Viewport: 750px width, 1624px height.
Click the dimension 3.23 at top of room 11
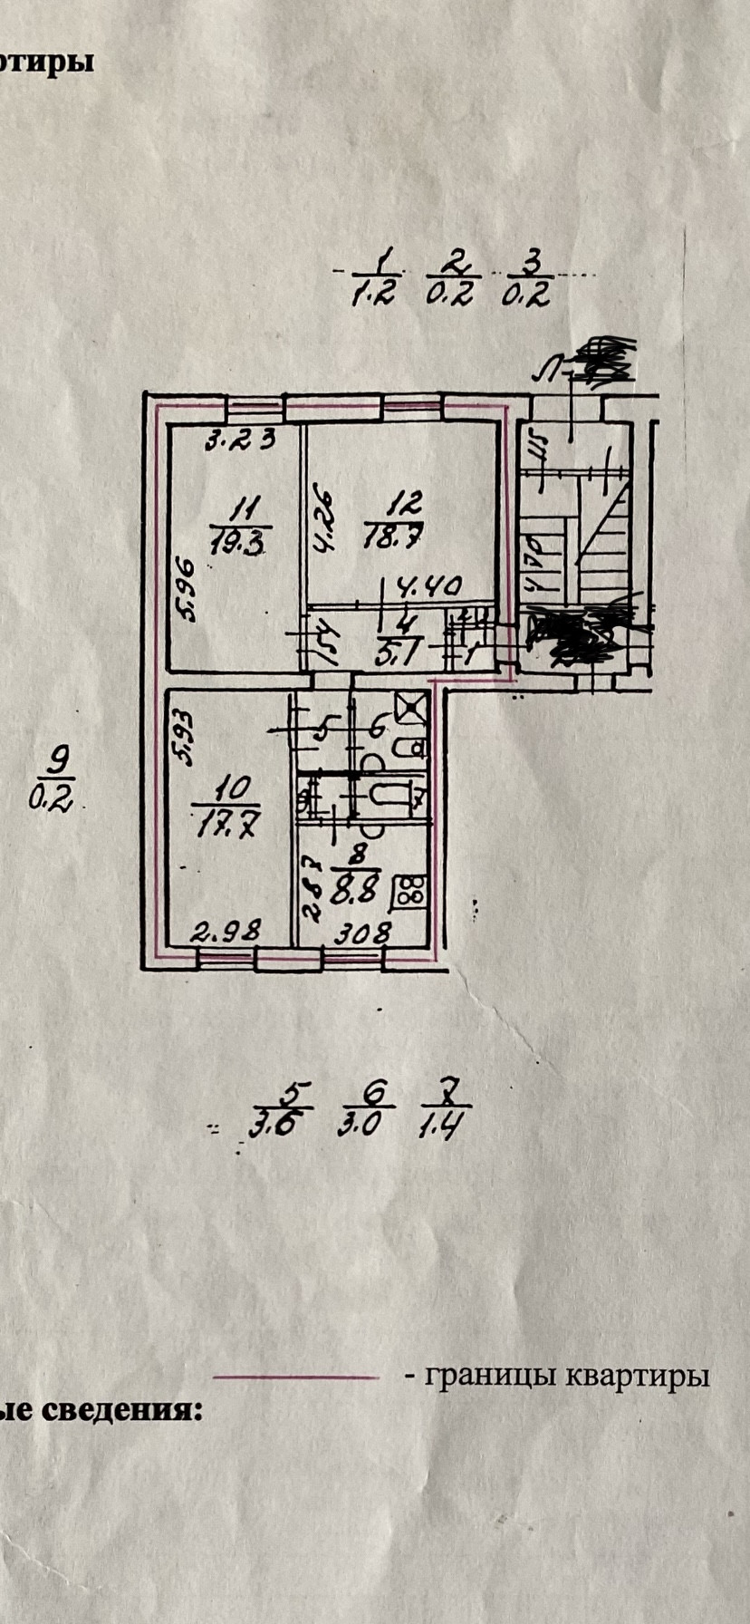pos(240,441)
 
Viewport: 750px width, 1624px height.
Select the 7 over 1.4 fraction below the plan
pos(443,1109)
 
